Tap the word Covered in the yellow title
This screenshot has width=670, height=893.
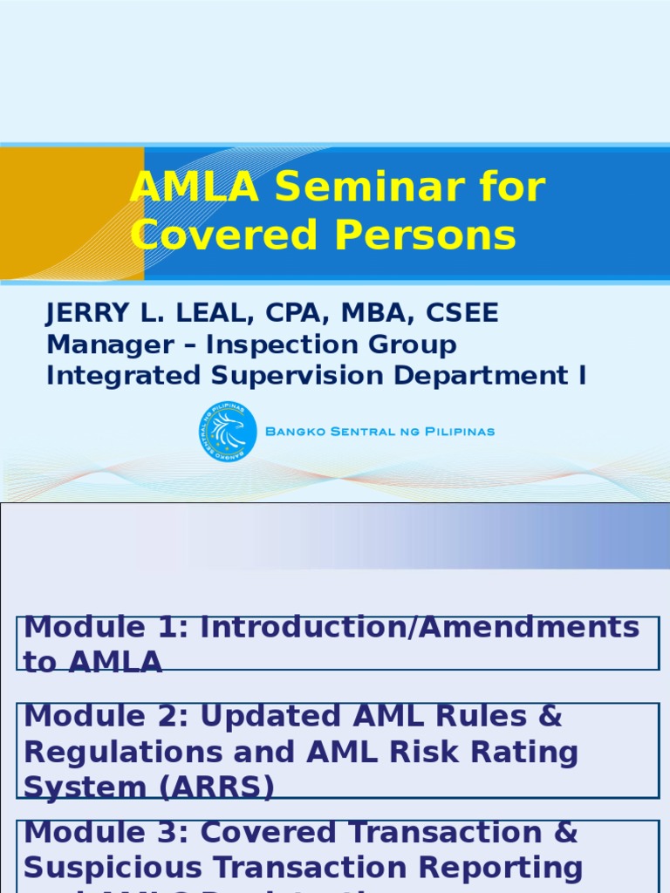click(222, 235)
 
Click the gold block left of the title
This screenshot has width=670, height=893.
click(72, 214)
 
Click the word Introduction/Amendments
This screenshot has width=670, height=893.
click(420, 627)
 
